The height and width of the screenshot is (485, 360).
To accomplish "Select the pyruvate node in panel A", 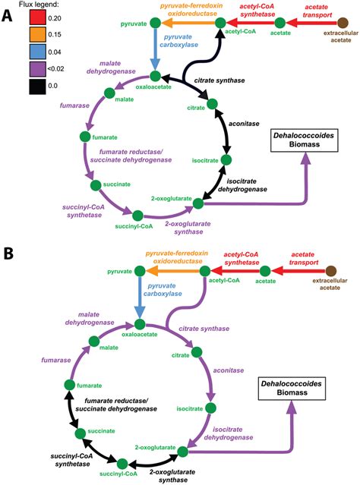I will tap(155, 25).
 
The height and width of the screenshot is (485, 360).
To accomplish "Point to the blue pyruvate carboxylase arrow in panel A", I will tap(155, 51).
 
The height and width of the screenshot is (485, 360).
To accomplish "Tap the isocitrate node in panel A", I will tap(226, 160).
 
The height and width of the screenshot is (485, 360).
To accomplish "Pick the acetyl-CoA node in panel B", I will tap(221, 270).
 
